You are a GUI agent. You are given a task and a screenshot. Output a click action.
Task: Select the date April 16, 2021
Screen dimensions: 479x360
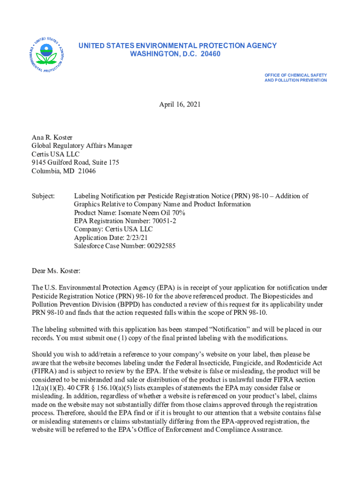[180, 104]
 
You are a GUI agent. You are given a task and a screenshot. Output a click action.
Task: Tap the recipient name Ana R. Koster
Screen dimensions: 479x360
[51, 137]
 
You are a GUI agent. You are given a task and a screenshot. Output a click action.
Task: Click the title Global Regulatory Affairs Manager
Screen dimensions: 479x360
[82, 145]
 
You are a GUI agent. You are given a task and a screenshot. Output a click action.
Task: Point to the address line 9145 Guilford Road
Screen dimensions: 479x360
[63, 162]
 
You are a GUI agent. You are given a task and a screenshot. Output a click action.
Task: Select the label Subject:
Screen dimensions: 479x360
[43, 196]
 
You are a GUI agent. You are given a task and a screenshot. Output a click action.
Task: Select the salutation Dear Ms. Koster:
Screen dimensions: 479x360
[56, 271]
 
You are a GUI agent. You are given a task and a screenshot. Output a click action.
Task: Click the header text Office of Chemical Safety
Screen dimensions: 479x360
[295, 75]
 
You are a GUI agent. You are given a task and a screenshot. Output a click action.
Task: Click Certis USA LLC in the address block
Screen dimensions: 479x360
[56, 154]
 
